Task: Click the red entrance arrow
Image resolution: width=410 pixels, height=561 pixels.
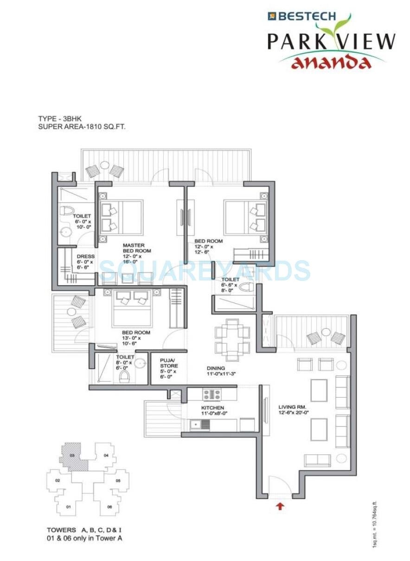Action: pyautogui.click(x=280, y=506)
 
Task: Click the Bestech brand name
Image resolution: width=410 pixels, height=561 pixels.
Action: pyautogui.click(x=307, y=16)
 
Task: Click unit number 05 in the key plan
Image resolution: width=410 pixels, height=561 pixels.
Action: pyautogui.click(x=118, y=481)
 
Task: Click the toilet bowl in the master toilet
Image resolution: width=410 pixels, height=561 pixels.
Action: pyautogui.click(x=68, y=212)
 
